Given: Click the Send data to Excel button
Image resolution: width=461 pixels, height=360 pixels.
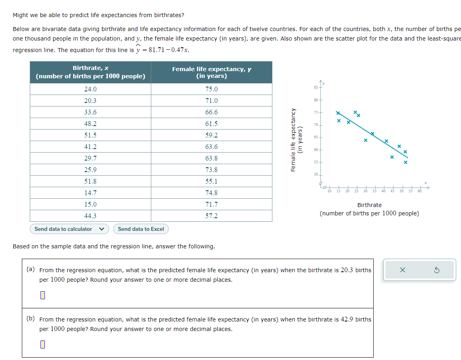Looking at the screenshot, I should click(141, 229).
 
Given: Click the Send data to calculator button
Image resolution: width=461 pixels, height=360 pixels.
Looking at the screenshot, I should click(69, 229).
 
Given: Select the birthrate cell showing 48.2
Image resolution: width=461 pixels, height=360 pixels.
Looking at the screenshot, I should click(91, 124).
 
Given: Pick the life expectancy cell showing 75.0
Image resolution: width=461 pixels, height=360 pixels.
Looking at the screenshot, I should click(211, 89).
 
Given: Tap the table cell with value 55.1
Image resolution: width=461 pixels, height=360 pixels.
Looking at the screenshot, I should click(211, 181).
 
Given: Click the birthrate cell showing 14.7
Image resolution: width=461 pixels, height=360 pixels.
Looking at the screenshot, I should click(91, 193).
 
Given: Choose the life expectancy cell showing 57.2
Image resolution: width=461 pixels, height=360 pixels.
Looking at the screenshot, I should click(211, 216).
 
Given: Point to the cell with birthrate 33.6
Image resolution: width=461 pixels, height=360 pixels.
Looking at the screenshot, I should click(91, 112).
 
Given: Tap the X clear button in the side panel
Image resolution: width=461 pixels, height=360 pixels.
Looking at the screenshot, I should click(403, 270).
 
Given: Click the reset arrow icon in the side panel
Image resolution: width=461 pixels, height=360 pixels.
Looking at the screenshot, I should click(436, 270).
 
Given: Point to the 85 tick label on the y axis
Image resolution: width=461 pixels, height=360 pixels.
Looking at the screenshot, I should click(316, 87).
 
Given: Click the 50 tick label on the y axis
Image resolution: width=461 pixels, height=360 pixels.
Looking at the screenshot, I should click(316, 174).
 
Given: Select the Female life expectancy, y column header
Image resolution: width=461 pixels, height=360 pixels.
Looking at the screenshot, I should click(211, 72).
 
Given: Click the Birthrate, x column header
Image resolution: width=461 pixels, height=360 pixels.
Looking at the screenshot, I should click(91, 72).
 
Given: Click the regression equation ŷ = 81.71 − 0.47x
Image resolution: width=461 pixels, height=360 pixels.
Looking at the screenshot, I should click(163, 50).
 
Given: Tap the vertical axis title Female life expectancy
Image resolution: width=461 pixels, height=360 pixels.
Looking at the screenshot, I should click(294, 140).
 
